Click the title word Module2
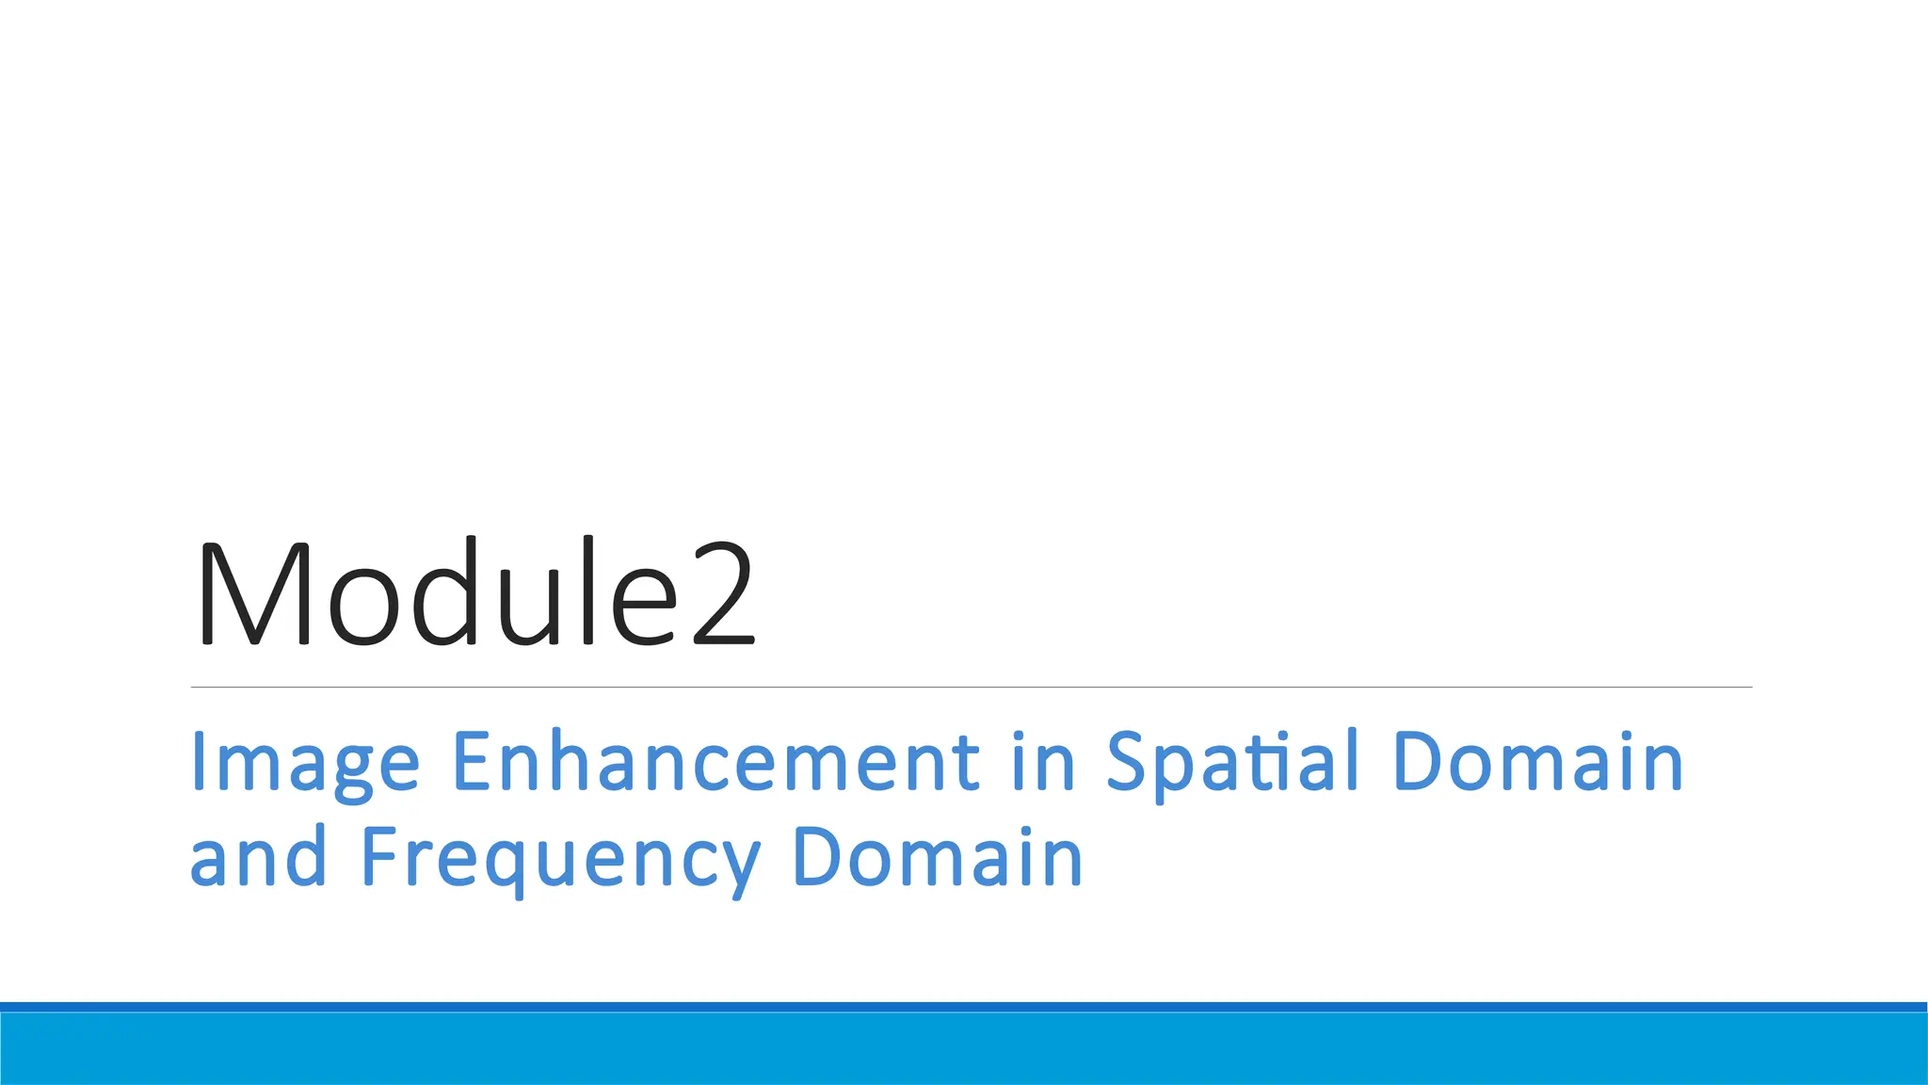click(x=474, y=593)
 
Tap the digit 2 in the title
click(x=723, y=595)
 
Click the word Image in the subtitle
click(x=304, y=763)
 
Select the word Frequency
click(x=560, y=859)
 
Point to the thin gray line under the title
click(x=971, y=688)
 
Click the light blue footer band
click(x=964, y=1049)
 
